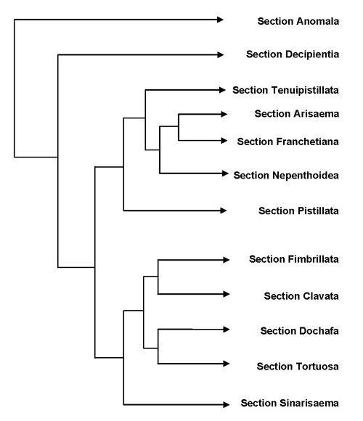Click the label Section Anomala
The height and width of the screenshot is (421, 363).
298,21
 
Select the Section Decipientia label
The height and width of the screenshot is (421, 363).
293,54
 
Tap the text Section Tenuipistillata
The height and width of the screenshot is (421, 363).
285,90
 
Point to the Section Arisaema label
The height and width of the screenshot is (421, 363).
297,114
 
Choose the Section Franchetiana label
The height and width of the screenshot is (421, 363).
287,142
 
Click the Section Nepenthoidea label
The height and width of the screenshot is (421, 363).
286,176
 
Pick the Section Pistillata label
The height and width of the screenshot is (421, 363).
298,210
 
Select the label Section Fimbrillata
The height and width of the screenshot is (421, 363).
294,259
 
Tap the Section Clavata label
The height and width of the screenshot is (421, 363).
301,296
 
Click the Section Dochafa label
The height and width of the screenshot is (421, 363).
299,331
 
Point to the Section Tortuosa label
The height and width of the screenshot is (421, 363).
298,367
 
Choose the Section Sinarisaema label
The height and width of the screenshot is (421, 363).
290,403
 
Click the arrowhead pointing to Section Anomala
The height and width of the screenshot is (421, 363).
220,20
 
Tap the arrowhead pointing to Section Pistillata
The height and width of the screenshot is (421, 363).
224,210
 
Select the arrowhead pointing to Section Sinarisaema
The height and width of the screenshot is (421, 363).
227,404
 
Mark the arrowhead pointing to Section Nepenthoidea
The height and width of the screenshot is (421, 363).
225,173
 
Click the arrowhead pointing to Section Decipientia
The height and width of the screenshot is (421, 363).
221,54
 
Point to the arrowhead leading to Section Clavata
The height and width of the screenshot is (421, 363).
227,294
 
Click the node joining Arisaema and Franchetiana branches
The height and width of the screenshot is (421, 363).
179,126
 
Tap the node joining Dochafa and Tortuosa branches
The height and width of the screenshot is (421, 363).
158,348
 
